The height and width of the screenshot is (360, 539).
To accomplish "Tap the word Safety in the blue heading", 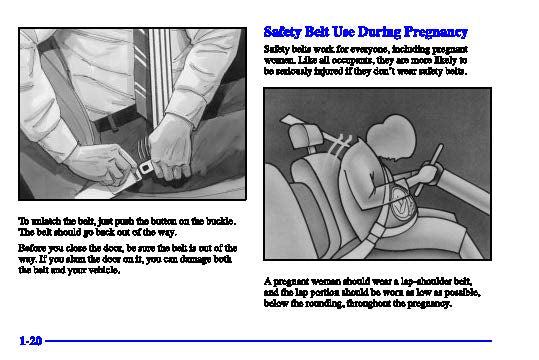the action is (283, 32).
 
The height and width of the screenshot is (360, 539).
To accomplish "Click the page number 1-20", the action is (31, 341).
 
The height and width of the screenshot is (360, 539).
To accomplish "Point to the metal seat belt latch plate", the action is (145, 168).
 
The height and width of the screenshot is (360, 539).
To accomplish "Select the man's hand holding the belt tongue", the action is (100, 164).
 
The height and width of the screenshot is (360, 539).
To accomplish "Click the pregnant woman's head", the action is (390, 138).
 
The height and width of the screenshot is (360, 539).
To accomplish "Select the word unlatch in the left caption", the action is (46, 221).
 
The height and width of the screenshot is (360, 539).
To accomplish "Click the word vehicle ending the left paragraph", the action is (104, 270).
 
